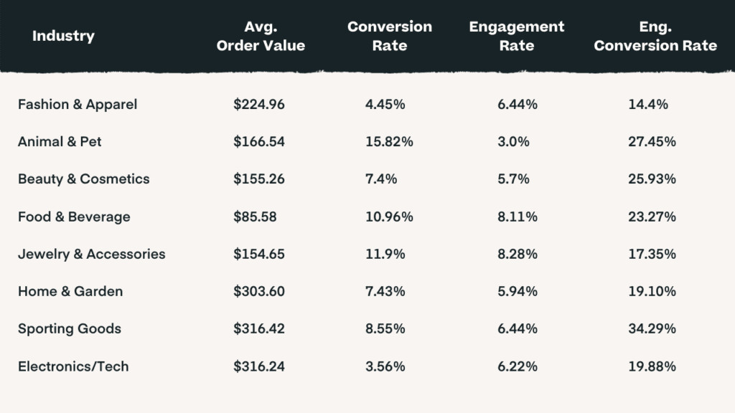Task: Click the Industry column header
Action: pyautogui.click(x=63, y=36)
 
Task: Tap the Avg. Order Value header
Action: pyautogui.click(x=261, y=36)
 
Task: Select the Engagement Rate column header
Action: pyautogui.click(x=517, y=36)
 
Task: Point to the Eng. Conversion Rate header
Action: pyautogui.click(x=655, y=36)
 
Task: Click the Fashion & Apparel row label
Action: pyautogui.click(x=78, y=104)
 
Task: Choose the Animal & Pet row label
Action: pyautogui.click(x=60, y=141)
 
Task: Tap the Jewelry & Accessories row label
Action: pyautogui.click(x=91, y=254)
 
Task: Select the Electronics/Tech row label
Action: pyautogui.click(x=73, y=366)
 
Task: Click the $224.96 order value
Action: pyautogui.click(x=258, y=104)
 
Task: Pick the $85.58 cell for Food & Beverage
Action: pyautogui.click(x=255, y=217)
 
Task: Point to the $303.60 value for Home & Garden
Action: pyautogui.click(x=258, y=291)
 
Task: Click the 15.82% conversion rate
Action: pyautogui.click(x=389, y=141)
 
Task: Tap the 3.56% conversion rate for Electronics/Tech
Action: pyautogui.click(x=385, y=366)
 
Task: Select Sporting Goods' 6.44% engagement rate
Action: pyautogui.click(x=518, y=328)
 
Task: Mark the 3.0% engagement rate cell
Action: pyautogui.click(x=513, y=141)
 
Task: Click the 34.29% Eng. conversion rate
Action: pyautogui.click(x=652, y=328)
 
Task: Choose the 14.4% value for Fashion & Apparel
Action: pyautogui.click(x=648, y=104)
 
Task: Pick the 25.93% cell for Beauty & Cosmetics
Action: pyautogui.click(x=652, y=179)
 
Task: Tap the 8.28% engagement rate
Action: pyautogui.click(x=518, y=254)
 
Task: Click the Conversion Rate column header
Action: pyautogui.click(x=390, y=36)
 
